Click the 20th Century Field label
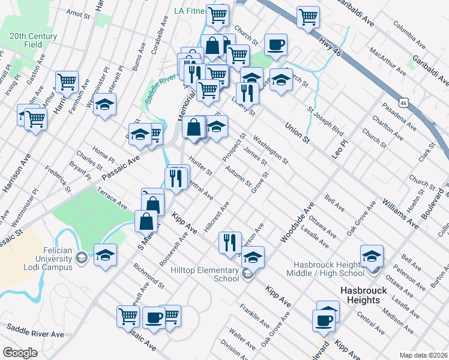click(34, 40)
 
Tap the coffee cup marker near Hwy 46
click(276, 45)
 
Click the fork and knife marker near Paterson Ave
click(230, 242)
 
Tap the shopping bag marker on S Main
click(146, 221)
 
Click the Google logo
click(20, 352)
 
